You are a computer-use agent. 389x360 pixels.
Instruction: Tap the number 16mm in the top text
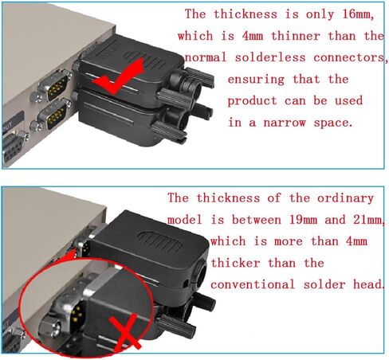click(358, 14)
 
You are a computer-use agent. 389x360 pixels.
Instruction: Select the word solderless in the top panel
click(270, 57)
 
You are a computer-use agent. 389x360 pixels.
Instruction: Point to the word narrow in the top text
click(285, 123)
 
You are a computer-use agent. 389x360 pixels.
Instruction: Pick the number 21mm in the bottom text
click(368, 220)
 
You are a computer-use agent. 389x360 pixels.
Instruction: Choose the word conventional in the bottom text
click(253, 284)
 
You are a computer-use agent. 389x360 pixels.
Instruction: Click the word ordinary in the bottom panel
click(345, 198)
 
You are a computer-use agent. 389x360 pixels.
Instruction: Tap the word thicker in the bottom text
click(235, 263)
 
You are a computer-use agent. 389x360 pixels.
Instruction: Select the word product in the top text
click(252, 101)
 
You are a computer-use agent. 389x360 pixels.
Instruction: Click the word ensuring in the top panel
click(256, 80)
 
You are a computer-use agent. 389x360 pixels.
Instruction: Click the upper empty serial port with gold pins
click(55, 85)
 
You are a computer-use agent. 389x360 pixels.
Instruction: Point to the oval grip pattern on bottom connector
click(160, 241)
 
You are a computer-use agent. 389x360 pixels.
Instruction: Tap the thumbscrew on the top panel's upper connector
click(200, 77)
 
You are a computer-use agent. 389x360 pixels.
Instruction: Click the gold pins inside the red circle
click(77, 313)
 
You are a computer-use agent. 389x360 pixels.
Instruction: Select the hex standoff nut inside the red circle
click(49, 327)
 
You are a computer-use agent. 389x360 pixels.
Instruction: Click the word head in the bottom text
click(368, 284)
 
